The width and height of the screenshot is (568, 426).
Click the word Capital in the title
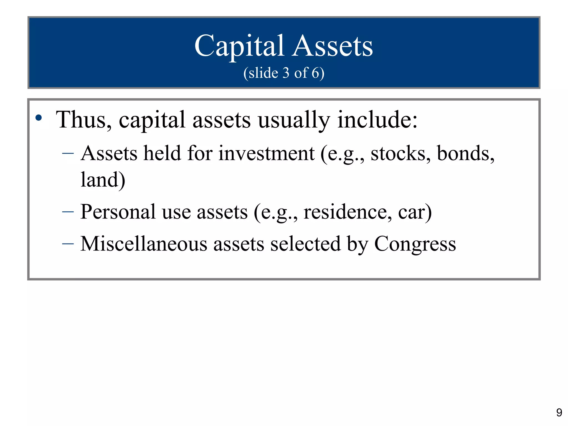[239, 46]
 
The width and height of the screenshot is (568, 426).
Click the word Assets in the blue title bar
[333, 46]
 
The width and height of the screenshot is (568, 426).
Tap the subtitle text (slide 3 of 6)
[284, 73]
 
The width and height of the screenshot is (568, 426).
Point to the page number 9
[559, 413]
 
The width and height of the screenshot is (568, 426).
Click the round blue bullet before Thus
[39, 118]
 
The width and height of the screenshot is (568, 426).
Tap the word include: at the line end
[377, 120]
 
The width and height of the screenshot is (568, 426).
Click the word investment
[266, 153]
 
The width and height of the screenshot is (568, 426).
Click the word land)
[103, 180]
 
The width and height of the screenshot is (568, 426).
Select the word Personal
[118, 212]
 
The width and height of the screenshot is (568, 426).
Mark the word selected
[305, 244]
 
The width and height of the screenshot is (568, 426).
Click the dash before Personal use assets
[68, 212]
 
